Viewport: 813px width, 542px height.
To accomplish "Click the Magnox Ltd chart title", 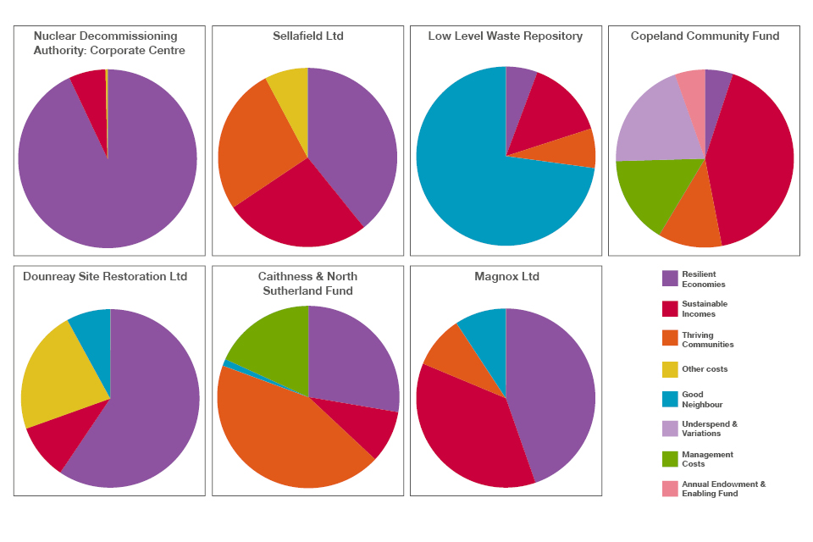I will [x=506, y=277].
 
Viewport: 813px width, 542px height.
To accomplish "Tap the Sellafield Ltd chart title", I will [x=308, y=36].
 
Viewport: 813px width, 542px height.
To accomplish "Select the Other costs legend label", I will [x=705, y=369].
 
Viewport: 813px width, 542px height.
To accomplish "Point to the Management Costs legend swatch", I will [x=670, y=459].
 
